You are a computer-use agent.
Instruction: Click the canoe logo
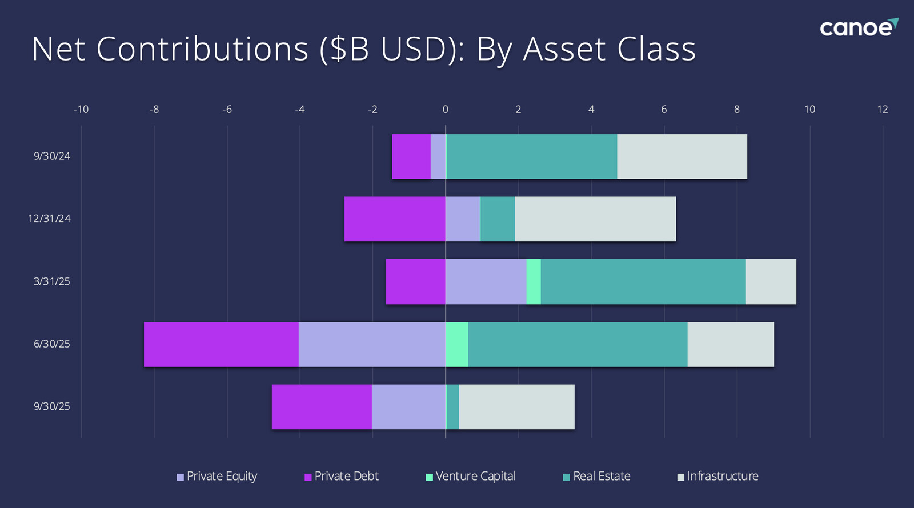[858, 27]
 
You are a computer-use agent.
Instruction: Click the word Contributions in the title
[202, 49]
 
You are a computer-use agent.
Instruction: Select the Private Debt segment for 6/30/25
[221, 344]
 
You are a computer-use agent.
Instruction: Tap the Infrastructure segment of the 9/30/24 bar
[682, 156]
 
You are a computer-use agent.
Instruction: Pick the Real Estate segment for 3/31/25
[643, 281]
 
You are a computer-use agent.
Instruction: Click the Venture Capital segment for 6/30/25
[456, 344]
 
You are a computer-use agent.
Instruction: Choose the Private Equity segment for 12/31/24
[462, 219]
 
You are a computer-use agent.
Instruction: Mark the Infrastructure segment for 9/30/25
[516, 407]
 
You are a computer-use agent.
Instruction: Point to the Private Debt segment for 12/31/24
[395, 219]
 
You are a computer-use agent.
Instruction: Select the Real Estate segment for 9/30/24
[531, 156]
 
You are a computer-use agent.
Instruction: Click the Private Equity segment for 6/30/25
[371, 344]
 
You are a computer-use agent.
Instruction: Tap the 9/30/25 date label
[51, 406]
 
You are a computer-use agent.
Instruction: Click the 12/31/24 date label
[49, 219]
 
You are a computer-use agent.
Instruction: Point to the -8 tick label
[154, 110]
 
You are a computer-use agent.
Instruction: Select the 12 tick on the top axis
[882, 110]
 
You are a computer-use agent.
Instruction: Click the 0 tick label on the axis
[446, 110]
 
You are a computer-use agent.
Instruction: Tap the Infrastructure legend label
[723, 476]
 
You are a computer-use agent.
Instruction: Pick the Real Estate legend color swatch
[566, 477]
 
